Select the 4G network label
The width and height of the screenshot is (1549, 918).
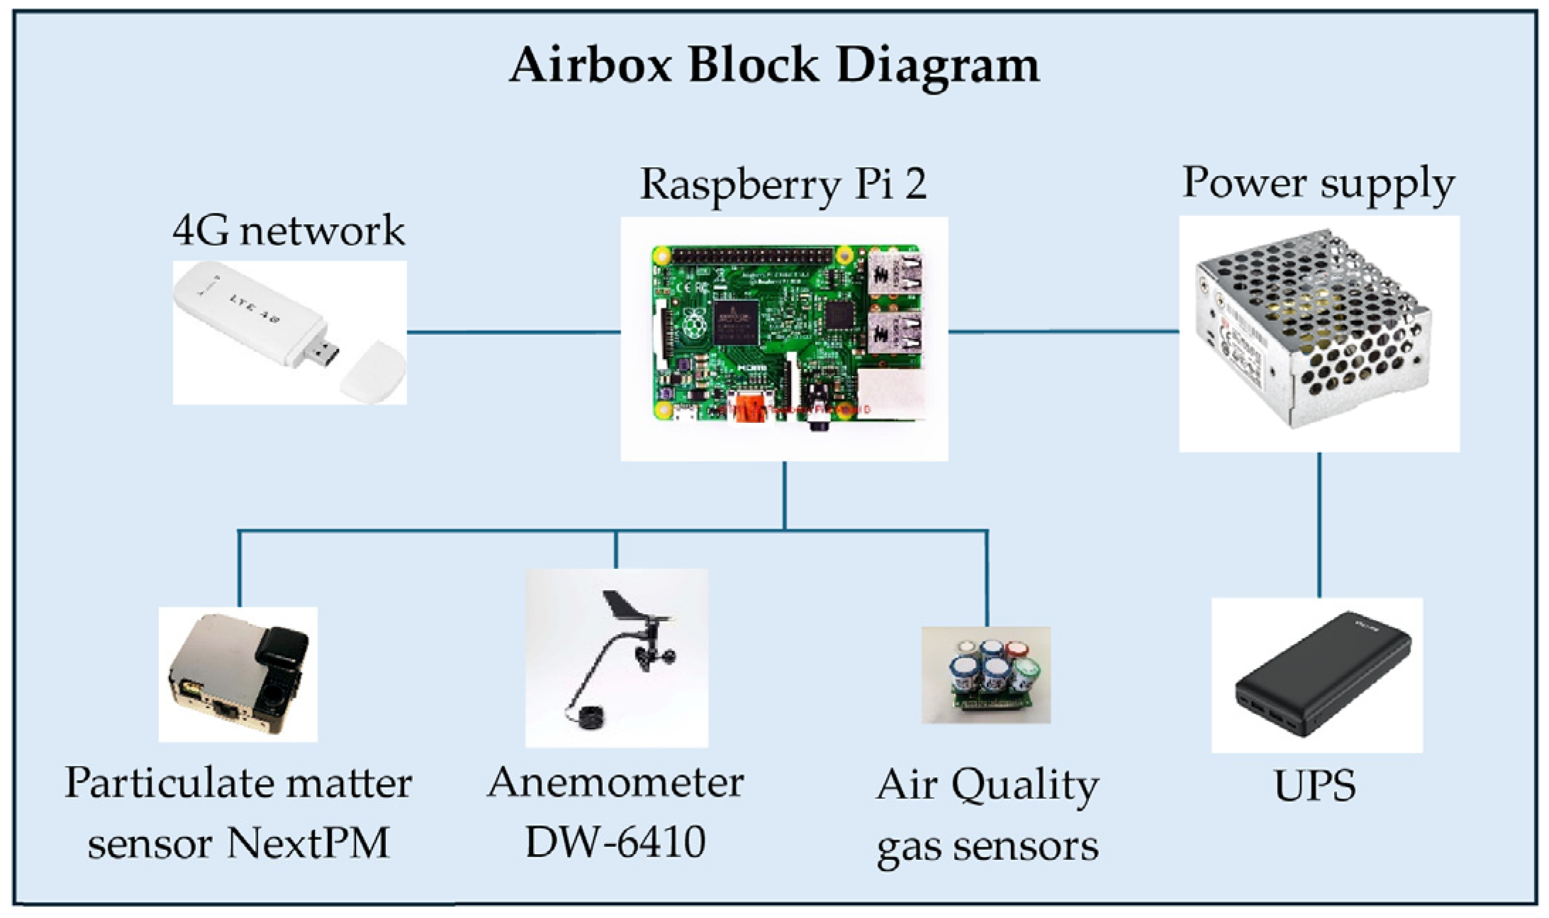pyautogui.click(x=288, y=231)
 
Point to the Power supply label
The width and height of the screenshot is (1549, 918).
pyautogui.click(x=1317, y=184)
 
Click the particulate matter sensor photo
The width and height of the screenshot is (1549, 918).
pyautogui.click(x=238, y=674)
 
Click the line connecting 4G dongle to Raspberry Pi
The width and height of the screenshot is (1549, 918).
pyautogui.click(x=513, y=332)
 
